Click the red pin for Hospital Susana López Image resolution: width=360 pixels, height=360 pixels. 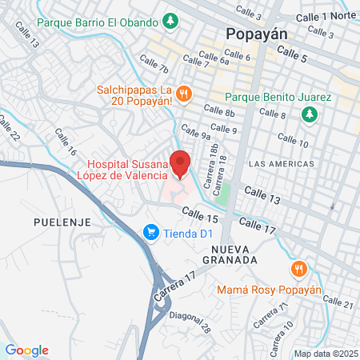pyautogui.click(x=181, y=162)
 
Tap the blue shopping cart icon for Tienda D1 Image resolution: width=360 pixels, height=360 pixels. pyautogui.click(x=150, y=233)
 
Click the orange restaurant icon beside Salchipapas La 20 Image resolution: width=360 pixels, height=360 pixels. pyautogui.click(x=183, y=94)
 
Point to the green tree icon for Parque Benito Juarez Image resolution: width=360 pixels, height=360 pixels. pyautogui.click(x=309, y=114)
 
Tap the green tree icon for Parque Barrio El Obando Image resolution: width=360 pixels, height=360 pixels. pyautogui.click(x=170, y=19)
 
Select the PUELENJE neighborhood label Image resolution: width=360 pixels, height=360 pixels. pyautogui.click(x=62, y=220)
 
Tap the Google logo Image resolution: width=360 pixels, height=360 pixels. pyautogui.click(x=27, y=350)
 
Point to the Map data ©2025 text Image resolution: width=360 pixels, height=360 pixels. pyautogui.click(x=323, y=353)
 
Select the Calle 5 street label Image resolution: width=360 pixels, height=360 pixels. pyautogui.click(x=292, y=53)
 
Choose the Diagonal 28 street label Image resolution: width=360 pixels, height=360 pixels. pyautogui.click(x=194, y=322)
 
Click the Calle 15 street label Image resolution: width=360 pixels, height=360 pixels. pyautogui.click(x=200, y=214)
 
